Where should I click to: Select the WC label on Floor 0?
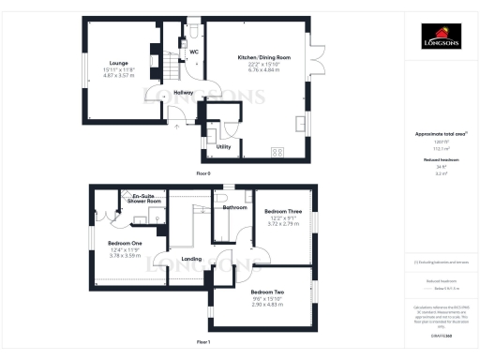194,52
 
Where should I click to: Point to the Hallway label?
183,92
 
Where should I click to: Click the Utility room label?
223,147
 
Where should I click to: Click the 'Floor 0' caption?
203,173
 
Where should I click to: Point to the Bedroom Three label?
281,212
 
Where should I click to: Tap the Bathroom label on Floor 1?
233,207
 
